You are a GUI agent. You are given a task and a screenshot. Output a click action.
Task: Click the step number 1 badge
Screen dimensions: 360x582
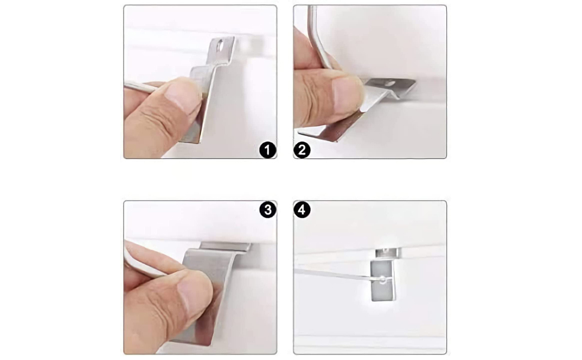[268, 149]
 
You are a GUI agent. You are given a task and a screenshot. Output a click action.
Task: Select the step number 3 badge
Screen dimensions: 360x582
[268, 210]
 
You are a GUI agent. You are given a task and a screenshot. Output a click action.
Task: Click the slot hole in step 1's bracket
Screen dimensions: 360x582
[223, 44]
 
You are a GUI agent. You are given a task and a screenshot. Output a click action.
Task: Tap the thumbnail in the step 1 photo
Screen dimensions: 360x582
[184, 96]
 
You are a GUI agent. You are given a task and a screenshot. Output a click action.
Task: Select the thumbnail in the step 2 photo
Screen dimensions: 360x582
[347, 90]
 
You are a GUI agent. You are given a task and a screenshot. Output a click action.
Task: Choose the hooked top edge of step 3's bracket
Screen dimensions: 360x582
[225, 246]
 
